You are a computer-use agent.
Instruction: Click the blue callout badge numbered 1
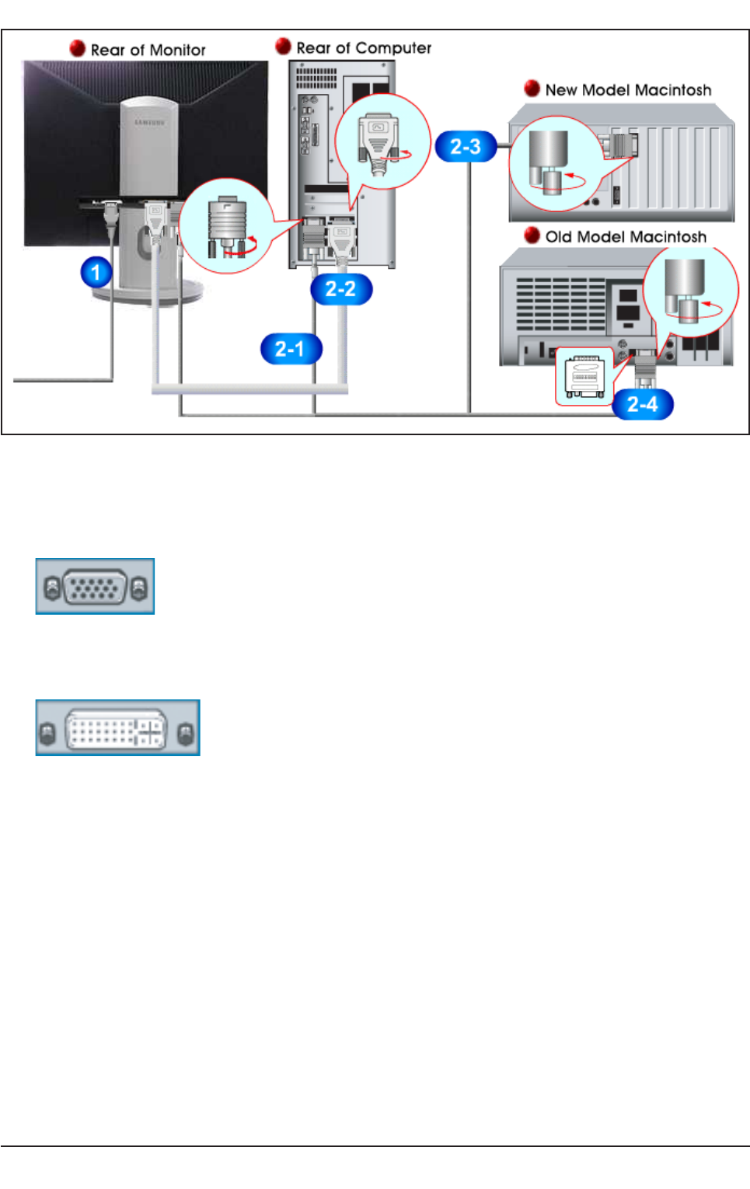tap(96, 273)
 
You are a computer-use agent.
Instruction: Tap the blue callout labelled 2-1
tap(291, 349)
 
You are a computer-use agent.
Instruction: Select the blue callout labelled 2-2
tap(340, 289)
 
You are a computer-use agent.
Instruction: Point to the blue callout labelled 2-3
tap(466, 146)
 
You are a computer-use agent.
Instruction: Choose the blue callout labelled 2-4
tap(643, 404)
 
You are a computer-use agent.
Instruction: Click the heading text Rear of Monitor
tap(148, 50)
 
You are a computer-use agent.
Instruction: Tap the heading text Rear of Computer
tap(364, 48)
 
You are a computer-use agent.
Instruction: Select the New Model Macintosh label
tap(628, 90)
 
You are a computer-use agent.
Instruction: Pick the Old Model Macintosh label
tap(626, 237)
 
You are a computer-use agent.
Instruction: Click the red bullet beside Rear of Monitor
tap(78, 48)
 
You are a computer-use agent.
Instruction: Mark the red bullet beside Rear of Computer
tap(284, 47)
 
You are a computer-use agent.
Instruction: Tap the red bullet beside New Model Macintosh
tap(532, 89)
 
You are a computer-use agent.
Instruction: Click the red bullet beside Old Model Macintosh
tap(532, 235)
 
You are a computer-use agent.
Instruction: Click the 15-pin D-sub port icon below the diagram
tap(95, 587)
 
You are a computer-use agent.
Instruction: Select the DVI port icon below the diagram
tap(117, 728)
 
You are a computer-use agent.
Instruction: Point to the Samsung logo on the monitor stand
tap(149, 122)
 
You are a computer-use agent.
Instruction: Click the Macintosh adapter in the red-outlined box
tap(584, 377)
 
